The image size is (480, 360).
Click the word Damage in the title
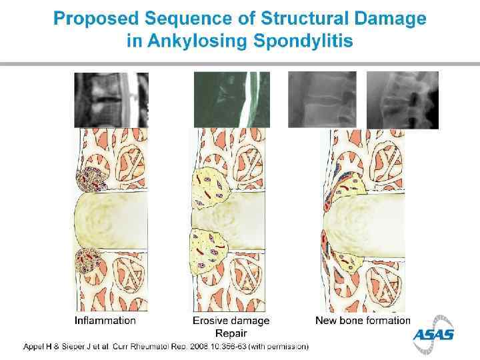click(392, 19)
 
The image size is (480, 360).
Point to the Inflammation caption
click(105, 321)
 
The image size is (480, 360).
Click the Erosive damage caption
click(231, 321)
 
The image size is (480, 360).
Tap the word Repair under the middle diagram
click(231, 333)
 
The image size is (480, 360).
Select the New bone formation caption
click(363, 321)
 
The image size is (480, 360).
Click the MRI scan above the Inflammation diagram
click(111, 100)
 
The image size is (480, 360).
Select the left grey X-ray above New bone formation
click(322, 100)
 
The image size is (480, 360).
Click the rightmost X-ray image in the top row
click(403, 100)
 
